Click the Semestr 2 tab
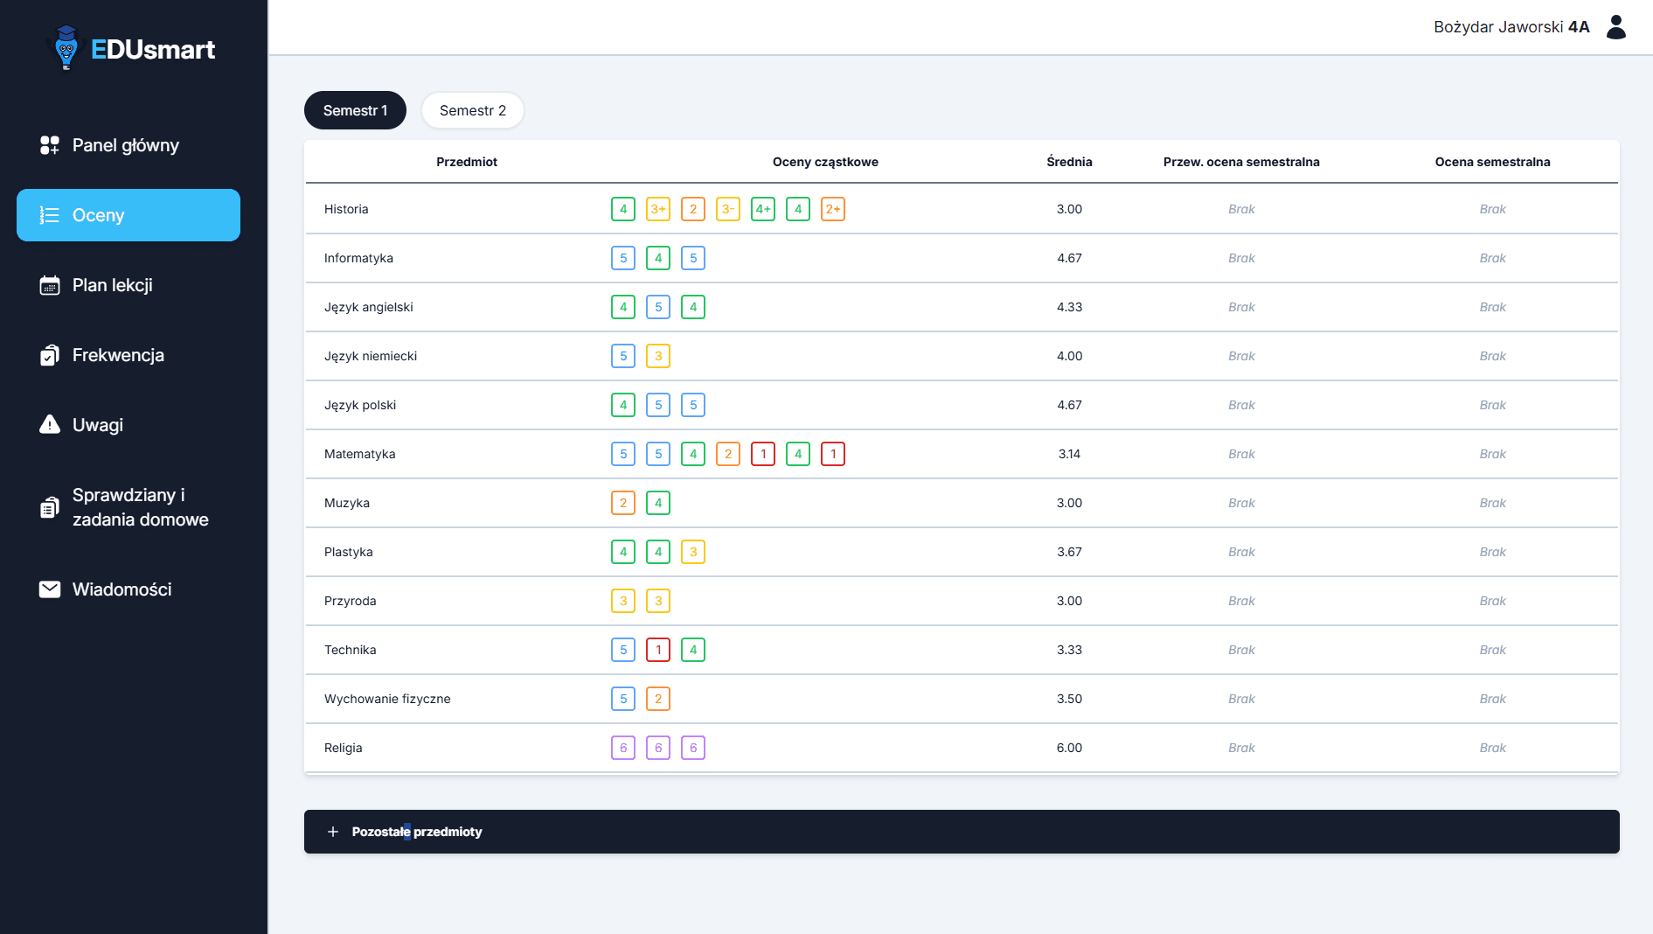(472, 110)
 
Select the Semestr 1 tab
(355, 110)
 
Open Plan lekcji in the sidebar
(112, 285)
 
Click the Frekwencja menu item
(118, 355)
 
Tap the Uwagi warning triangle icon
(50, 424)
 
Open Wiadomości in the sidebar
(122, 589)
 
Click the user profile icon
(1616, 27)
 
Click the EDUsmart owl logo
(66, 47)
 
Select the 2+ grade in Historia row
(833, 209)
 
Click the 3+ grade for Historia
(658, 209)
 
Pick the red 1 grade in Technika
(658, 650)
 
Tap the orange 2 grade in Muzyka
(623, 503)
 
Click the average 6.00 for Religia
(1069, 748)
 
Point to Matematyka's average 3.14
(1069, 454)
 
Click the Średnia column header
(1069, 162)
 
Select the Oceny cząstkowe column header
(825, 162)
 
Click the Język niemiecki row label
(371, 356)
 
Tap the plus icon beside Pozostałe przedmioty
(333, 832)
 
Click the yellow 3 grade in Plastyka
(693, 552)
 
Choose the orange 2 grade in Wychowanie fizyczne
(658, 699)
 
